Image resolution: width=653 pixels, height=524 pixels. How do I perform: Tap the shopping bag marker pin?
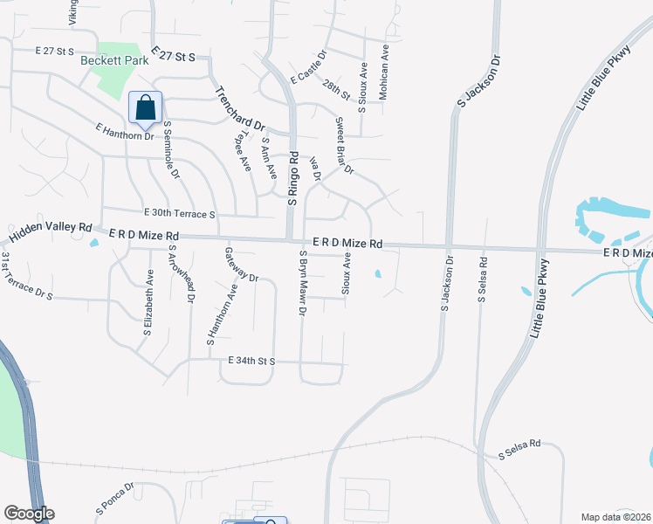(146, 108)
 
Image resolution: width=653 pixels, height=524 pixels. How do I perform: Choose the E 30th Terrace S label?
(179, 214)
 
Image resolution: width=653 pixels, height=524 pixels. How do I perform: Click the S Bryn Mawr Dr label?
(302, 283)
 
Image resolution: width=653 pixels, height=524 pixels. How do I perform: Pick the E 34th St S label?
(251, 361)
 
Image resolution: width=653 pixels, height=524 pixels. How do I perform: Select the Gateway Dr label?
(242, 265)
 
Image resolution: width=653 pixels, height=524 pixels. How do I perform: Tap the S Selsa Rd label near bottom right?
(519, 449)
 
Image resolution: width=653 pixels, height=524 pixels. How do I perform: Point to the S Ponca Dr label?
(114, 498)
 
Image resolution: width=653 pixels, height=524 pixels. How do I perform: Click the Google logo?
(29, 514)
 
